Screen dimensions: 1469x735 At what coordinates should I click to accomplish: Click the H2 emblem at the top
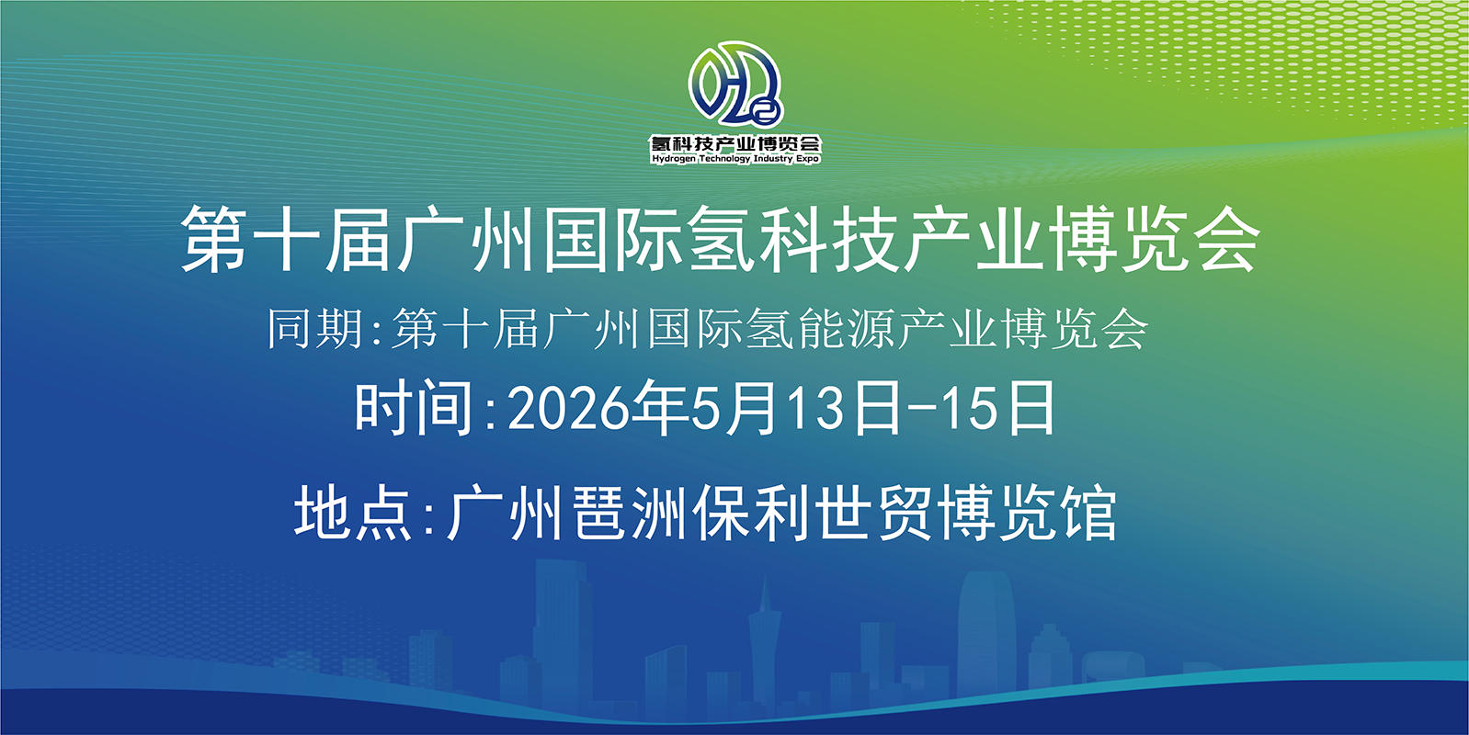735,84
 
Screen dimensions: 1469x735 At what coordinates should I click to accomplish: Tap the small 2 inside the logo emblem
764,114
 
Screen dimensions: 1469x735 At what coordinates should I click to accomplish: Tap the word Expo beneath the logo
808,159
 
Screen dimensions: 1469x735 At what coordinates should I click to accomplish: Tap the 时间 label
414,408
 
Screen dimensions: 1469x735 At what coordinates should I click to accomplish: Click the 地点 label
353,513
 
